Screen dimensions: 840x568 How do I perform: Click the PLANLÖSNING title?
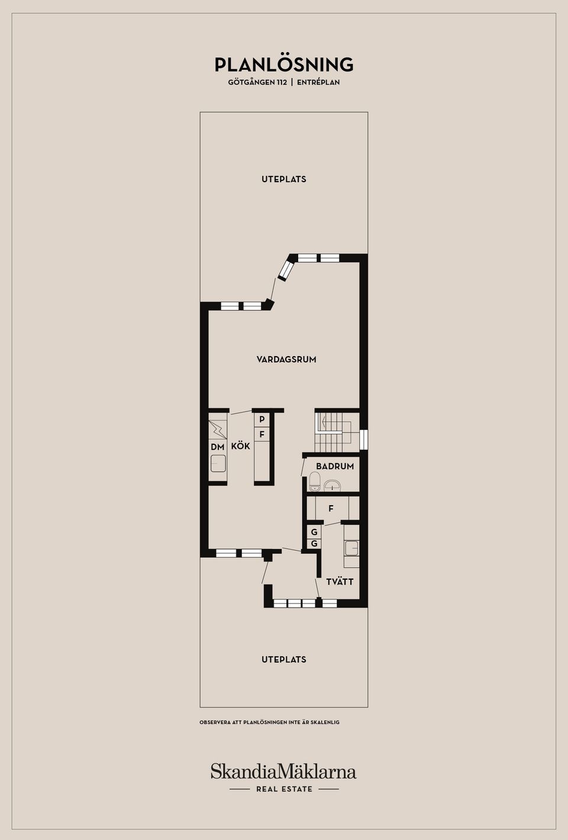284,64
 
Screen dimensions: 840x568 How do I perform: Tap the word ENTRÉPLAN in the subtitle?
318,83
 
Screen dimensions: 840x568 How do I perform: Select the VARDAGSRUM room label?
286,359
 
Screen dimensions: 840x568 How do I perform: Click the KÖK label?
240,446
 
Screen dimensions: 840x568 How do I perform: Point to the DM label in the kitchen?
217,447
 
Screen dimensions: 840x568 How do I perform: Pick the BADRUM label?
335,466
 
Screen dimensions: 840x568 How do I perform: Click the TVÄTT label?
340,581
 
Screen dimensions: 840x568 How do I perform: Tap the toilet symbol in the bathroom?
315,482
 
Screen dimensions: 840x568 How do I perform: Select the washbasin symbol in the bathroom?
333,486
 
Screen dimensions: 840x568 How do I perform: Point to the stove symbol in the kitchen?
217,429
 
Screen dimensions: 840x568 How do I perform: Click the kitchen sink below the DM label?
218,463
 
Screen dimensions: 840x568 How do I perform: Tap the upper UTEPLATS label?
284,179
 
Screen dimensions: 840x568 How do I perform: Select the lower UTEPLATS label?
284,660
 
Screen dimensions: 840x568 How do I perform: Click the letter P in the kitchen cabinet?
262,419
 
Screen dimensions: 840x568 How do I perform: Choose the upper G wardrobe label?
314,532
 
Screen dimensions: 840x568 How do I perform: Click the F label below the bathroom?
331,508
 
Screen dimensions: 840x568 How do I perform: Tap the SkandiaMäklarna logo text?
283,771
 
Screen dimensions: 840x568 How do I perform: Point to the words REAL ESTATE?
284,789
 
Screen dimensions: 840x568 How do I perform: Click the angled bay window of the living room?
286,270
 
